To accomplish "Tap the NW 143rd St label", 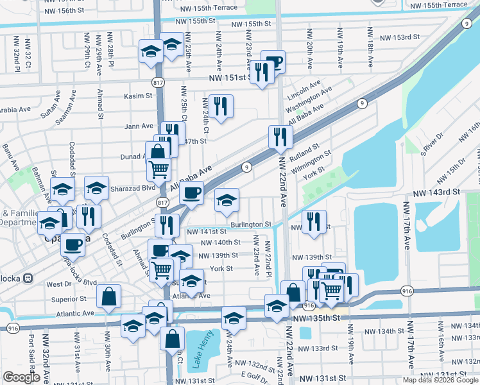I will [x=437, y=192].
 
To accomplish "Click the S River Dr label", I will [x=432, y=144].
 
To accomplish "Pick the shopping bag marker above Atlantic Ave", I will [x=109, y=296].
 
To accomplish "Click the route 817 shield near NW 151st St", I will [x=158, y=83].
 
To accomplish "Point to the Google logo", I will [x=21, y=377].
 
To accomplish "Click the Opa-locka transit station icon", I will [x=28, y=278].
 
